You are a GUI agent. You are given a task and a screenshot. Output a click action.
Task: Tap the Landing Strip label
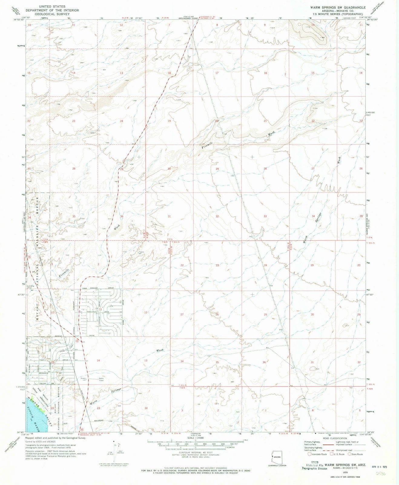tap(31, 287)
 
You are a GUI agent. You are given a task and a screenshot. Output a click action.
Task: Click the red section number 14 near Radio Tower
tap(98, 360)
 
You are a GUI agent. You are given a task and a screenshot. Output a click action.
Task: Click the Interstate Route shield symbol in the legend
tap(309, 454)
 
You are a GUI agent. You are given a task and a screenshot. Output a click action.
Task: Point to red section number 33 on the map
tap(265, 216)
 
